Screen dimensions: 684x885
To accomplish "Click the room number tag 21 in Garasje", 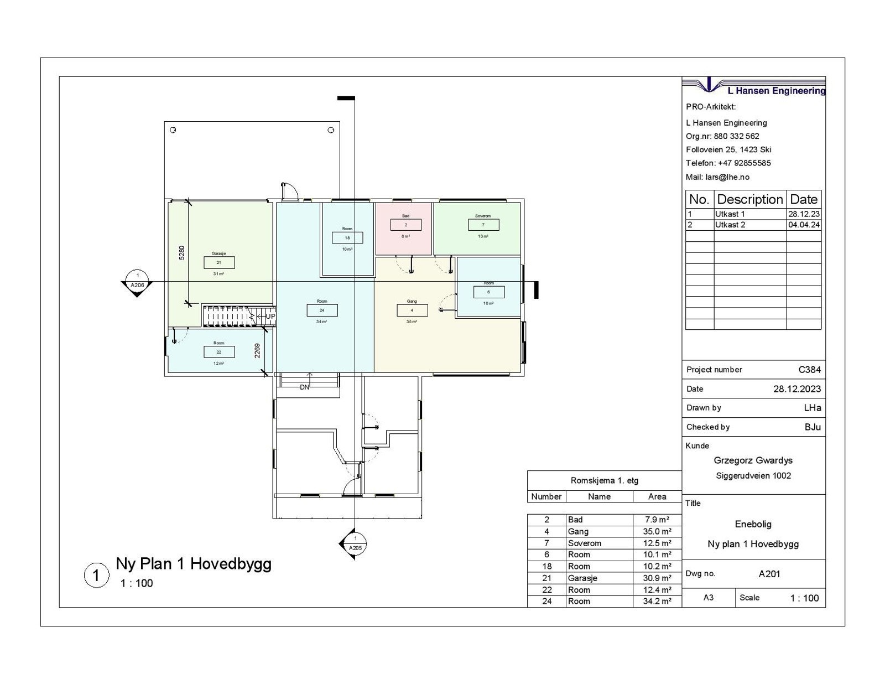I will coord(219,262).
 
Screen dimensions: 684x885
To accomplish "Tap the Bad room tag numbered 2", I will coord(405,225).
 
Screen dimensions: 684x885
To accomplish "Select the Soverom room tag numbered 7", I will coord(483,225).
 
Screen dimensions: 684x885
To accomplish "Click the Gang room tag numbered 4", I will coord(412,310).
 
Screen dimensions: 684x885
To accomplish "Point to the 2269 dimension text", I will coord(258,351).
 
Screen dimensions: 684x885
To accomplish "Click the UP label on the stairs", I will coord(270,317).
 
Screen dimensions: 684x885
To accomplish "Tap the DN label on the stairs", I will coord(304,387).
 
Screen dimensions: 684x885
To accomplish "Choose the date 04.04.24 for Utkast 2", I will coord(804,225).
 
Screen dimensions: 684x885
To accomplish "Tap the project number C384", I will coord(810,370).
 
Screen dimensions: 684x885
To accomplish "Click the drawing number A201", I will coord(769,574).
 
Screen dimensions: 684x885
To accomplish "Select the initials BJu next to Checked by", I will coord(813,427).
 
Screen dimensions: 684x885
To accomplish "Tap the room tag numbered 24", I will coord(322,310).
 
